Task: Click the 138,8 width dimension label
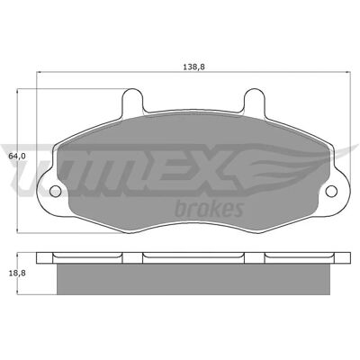(x=193, y=67)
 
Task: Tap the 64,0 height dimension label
(x=16, y=156)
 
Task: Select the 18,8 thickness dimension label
(x=16, y=273)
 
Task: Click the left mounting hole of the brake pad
(x=55, y=191)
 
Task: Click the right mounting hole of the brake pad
(x=331, y=191)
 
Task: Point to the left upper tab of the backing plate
(x=132, y=101)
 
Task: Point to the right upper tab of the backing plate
(x=254, y=101)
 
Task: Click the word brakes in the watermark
(x=209, y=209)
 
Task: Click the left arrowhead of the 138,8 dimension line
(x=39, y=72)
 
